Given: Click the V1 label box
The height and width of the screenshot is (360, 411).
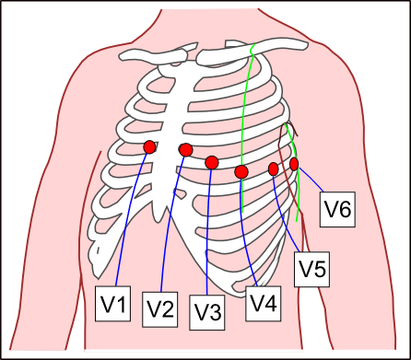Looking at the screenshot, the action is coord(112,304).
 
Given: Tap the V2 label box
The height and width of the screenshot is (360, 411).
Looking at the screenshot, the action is coord(159,309).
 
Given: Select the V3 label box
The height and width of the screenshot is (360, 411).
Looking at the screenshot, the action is coord(207,312).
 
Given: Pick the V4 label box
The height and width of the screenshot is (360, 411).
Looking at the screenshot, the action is coord(264,304).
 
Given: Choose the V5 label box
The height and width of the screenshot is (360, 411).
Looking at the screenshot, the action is coord(312,270).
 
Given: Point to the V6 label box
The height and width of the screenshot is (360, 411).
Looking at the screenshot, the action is coord(337,210).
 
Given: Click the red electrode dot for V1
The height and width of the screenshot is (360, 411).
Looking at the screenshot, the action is coord(149,147).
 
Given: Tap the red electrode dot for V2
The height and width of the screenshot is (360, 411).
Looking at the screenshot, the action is coord(186,150).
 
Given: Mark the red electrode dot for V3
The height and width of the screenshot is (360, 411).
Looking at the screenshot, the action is coord(212,162).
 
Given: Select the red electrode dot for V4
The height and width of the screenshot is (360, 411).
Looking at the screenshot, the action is coord(241,172).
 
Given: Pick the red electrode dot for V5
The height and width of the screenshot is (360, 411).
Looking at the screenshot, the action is coord(274,169).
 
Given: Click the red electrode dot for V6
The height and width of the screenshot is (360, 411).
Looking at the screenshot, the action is coord(294,164).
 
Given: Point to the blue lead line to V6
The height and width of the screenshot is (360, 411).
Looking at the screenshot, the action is coord(311,180).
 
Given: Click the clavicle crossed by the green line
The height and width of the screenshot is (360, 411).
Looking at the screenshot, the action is coord(252,51).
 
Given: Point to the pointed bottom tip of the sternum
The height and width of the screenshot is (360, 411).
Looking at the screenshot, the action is coord(159,221).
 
